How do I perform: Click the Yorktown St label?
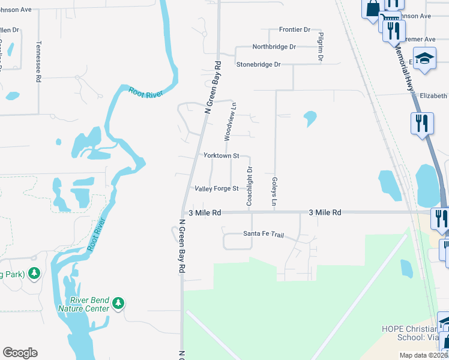pyautogui.click(x=221, y=155)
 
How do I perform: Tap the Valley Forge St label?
pyautogui.click(x=217, y=188)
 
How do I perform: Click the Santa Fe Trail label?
pyautogui.click(x=264, y=234)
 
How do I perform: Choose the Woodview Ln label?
pyautogui.click(x=228, y=121)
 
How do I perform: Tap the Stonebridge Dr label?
pyautogui.click(x=258, y=64)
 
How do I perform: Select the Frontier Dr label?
pyautogui.click(x=294, y=29)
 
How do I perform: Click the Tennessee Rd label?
pyautogui.click(x=38, y=61)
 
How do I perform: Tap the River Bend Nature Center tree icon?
pyautogui.click(x=119, y=303)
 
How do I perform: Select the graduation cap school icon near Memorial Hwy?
pyautogui.click(x=425, y=59)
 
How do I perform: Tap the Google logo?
pyautogui.click(x=20, y=353)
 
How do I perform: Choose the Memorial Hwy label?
pyautogui.click(x=405, y=70)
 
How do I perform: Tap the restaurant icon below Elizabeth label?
pyautogui.click(x=422, y=123)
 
